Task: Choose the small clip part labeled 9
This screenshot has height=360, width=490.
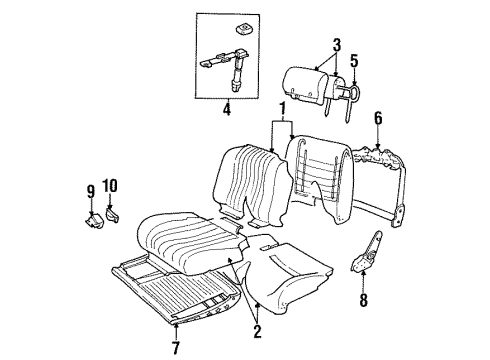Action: [91, 212]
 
